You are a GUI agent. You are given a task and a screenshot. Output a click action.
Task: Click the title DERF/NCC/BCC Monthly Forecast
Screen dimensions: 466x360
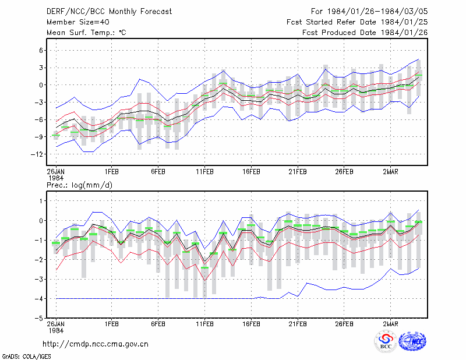(109, 12)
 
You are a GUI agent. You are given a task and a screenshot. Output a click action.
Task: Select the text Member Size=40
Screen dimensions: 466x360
(78, 22)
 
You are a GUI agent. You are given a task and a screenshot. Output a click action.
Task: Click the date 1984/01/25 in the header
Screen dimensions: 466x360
(404, 22)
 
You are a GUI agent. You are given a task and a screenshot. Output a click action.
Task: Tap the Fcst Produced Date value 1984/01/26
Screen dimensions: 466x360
(404, 33)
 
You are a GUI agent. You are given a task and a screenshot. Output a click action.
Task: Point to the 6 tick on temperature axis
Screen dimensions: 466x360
(41, 51)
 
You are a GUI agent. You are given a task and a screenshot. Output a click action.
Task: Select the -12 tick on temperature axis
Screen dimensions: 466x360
(37, 154)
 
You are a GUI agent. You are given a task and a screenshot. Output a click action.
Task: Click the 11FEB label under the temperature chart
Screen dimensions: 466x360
(205, 172)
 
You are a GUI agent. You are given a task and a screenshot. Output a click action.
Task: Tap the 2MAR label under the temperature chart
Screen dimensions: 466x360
(390, 172)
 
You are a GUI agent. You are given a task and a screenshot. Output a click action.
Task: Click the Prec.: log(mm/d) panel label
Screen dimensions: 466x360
(79, 185)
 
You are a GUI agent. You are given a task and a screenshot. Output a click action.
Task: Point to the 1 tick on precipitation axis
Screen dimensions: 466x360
(41, 201)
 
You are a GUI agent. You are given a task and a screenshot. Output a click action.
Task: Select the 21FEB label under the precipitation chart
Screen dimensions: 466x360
(298, 324)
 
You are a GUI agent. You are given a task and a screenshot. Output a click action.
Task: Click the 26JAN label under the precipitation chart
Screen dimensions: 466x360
(56, 324)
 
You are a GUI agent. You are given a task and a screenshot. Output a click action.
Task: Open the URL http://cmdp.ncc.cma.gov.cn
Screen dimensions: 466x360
(96, 344)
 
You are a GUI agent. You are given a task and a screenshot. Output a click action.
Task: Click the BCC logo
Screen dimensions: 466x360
(386, 341)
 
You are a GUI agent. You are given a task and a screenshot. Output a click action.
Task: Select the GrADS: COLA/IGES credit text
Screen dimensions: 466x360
(26, 357)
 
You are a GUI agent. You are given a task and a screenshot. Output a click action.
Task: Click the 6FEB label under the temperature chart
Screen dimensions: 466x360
(158, 172)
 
